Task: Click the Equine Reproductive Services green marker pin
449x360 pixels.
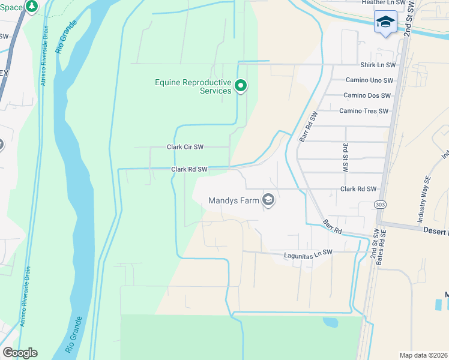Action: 241,86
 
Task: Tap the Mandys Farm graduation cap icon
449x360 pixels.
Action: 269,200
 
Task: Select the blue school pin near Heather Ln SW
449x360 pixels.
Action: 385,23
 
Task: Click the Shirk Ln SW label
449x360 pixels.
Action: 378,65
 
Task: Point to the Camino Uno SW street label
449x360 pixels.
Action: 369,80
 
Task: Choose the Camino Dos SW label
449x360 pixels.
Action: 367,95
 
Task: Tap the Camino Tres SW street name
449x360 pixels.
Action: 364,111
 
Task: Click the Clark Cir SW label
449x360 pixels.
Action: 185,147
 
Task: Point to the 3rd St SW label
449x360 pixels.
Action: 345,158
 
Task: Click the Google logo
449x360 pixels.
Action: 20,353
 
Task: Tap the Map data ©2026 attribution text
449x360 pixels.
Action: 423,355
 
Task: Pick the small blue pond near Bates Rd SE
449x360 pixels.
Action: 331,322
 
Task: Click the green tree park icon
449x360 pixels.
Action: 32,6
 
